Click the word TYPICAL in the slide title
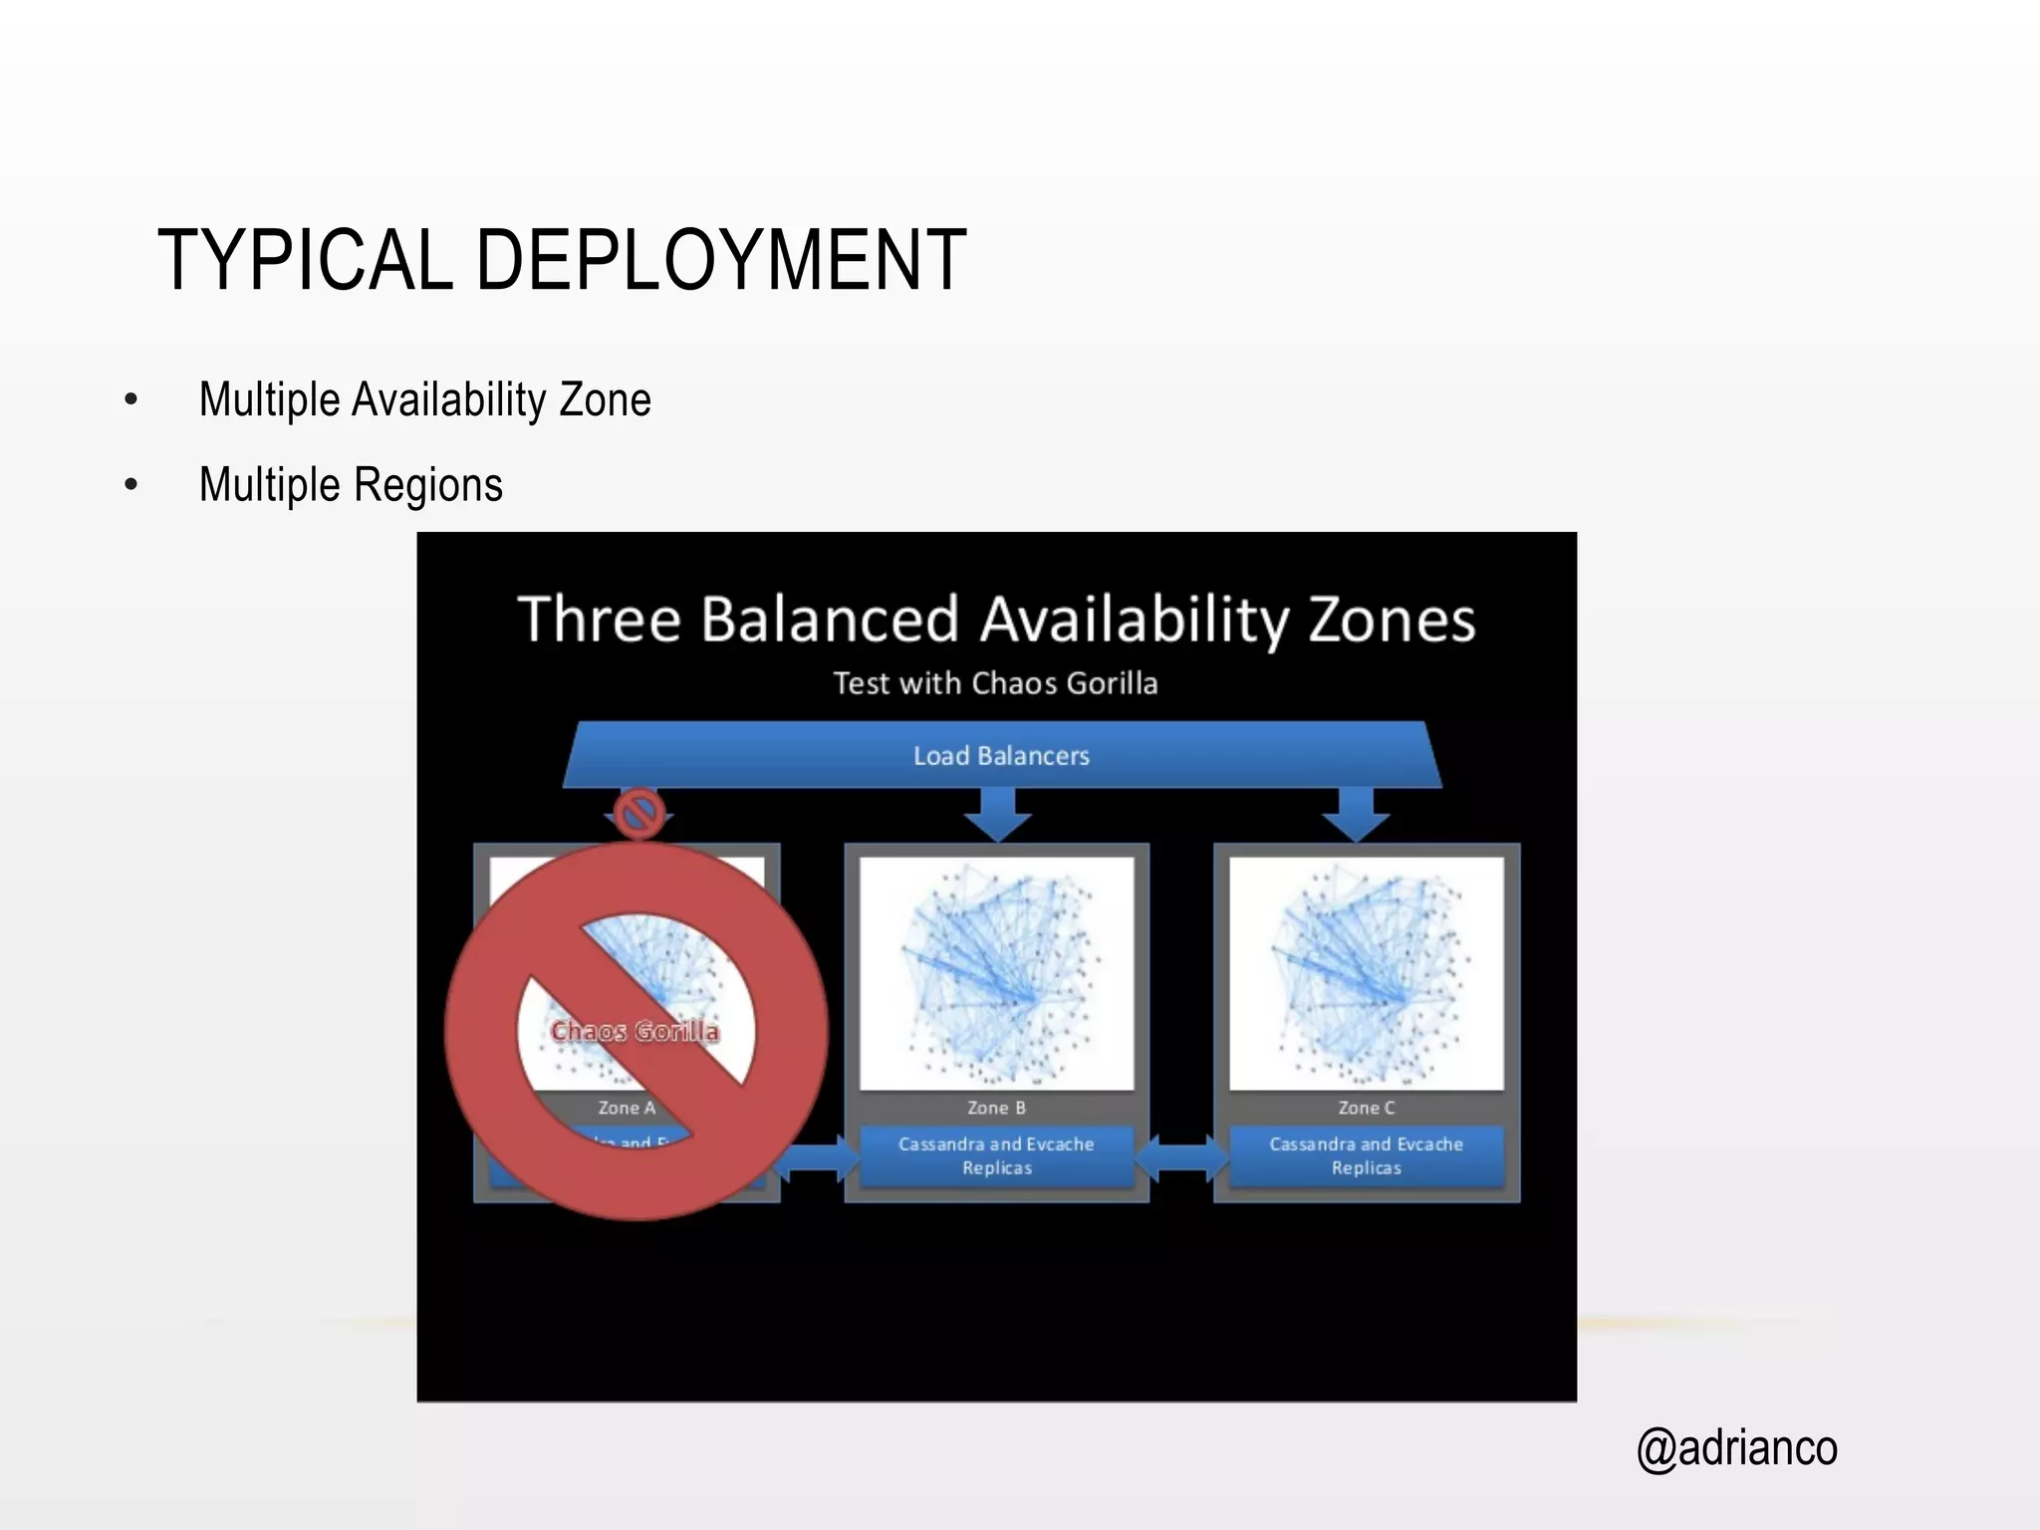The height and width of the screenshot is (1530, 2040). [305, 260]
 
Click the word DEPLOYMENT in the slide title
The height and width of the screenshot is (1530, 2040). [721, 260]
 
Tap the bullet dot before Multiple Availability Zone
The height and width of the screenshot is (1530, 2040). [131, 400]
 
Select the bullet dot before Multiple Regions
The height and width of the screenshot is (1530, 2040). [131, 486]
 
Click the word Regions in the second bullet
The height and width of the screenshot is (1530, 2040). [428, 486]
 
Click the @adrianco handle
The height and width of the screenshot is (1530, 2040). [1736, 1448]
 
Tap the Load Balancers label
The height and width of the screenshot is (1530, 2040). [1001, 756]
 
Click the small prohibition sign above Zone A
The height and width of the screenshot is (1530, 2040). [638, 813]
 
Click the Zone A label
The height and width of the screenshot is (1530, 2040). [627, 1108]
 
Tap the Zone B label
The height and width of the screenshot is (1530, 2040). [996, 1108]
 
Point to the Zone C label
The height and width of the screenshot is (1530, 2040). [1366, 1108]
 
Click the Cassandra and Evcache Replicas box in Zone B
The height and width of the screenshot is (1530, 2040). [996, 1156]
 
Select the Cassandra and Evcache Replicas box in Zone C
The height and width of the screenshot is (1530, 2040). [1366, 1156]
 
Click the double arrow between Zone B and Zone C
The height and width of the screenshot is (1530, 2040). [1181, 1157]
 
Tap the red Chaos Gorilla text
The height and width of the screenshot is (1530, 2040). [635, 1031]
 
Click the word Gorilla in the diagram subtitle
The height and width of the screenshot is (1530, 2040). [1112, 683]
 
